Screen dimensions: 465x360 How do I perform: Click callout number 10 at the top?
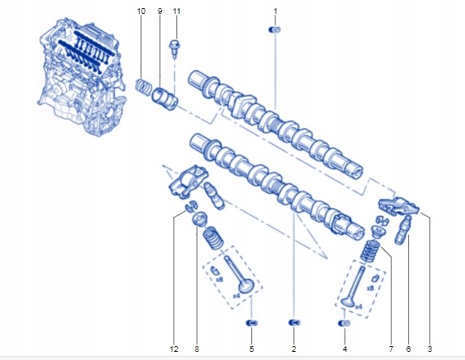[x=141, y=11]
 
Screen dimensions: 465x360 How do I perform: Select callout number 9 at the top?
[x=160, y=11]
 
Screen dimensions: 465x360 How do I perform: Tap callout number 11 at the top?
[x=176, y=11]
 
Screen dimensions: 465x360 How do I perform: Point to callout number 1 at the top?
[x=276, y=11]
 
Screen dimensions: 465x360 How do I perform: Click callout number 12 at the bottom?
[x=174, y=349]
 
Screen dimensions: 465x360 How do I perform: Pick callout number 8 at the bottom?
[x=197, y=349]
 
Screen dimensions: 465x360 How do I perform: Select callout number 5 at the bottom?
[x=251, y=349]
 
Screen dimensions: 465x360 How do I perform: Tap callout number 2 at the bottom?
[x=294, y=349]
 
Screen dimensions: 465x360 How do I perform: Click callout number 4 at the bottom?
[x=345, y=349]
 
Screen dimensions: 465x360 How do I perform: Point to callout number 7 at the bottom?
[x=391, y=349]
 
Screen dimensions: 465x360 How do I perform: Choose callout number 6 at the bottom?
[x=408, y=349]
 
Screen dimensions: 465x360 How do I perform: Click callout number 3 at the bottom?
[x=430, y=349]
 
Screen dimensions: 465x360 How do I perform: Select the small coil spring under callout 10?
[x=144, y=85]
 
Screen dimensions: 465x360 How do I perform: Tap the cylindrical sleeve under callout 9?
[x=164, y=98]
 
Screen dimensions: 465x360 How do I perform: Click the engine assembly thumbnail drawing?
[x=81, y=77]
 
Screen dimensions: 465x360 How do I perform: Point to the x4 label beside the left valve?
[x=237, y=296]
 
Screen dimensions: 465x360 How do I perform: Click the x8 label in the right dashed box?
[x=370, y=288]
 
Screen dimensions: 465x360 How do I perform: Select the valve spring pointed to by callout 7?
[x=370, y=251]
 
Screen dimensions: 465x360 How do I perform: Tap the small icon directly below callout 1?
[x=274, y=29]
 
